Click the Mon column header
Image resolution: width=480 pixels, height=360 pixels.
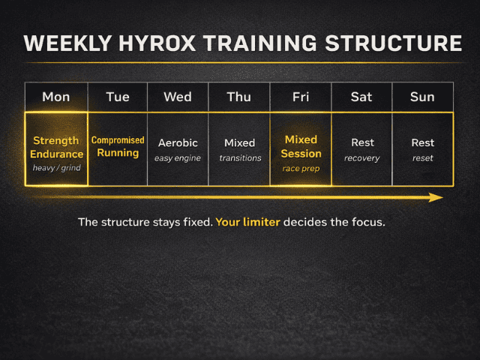(56, 97)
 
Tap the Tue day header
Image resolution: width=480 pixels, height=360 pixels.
(118, 97)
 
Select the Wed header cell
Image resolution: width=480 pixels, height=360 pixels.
(177, 97)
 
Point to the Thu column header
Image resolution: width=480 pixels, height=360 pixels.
(239, 97)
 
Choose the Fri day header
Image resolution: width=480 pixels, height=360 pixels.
(301, 97)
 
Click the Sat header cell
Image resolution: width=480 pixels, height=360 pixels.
(362, 97)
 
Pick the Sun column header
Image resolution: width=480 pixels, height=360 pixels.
(422, 97)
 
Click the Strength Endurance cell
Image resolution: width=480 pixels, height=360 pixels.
(57, 148)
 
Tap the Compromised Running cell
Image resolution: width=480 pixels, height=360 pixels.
(118, 146)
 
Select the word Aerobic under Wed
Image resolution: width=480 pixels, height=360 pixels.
(177, 143)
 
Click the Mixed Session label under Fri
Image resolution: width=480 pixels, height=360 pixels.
(301, 146)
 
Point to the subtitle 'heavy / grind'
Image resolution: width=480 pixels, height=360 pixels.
(57, 168)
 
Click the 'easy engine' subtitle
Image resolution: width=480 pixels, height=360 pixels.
(177, 158)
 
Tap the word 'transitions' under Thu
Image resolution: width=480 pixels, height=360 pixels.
(240, 158)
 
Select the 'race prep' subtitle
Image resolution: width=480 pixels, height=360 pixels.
(301, 169)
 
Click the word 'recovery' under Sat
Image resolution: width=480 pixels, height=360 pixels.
(362, 158)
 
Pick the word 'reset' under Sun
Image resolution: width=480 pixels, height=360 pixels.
(423, 158)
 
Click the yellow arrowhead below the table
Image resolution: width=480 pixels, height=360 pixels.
(436, 197)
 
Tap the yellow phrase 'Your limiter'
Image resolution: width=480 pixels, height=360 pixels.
(247, 223)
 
